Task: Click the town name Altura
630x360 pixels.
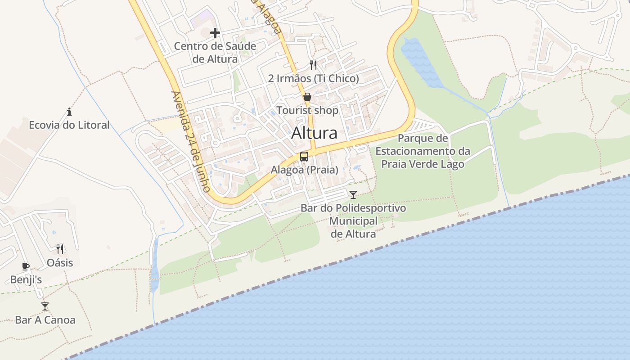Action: pyautogui.click(x=314, y=133)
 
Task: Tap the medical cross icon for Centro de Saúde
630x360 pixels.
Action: pyautogui.click(x=215, y=32)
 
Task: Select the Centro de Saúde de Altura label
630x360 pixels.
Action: pyautogui.click(x=215, y=52)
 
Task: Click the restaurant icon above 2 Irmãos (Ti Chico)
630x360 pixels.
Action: pyautogui.click(x=313, y=65)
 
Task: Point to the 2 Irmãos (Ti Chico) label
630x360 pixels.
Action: pyautogui.click(x=314, y=78)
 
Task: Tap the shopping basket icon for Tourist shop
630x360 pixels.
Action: pyautogui.click(x=307, y=97)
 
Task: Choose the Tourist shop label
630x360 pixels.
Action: pyautogui.click(x=307, y=110)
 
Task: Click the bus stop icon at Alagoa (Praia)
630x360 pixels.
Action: pyautogui.click(x=304, y=157)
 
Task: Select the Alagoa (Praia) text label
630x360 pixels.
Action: pyautogui.click(x=304, y=170)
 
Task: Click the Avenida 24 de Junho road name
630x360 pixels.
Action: pyautogui.click(x=190, y=142)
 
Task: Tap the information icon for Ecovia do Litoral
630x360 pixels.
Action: pyautogui.click(x=69, y=112)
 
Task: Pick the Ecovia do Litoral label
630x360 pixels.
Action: pyautogui.click(x=69, y=125)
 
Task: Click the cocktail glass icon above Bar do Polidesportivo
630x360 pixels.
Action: pyautogui.click(x=353, y=195)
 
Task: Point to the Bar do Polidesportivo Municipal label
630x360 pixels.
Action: pyautogui.click(x=353, y=221)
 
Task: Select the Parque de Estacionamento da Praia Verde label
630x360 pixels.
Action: pyautogui.click(x=423, y=151)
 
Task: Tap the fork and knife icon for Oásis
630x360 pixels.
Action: pyautogui.click(x=60, y=249)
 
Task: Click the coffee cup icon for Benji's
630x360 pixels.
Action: pyautogui.click(x=26, y=266)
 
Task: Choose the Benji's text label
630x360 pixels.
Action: pyautogui.click(x=26, y=280)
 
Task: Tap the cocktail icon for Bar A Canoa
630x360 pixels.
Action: pyautogui.click(x=45, y=306)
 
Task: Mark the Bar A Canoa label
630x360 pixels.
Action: pyautogui.click(x=45, y=320)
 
